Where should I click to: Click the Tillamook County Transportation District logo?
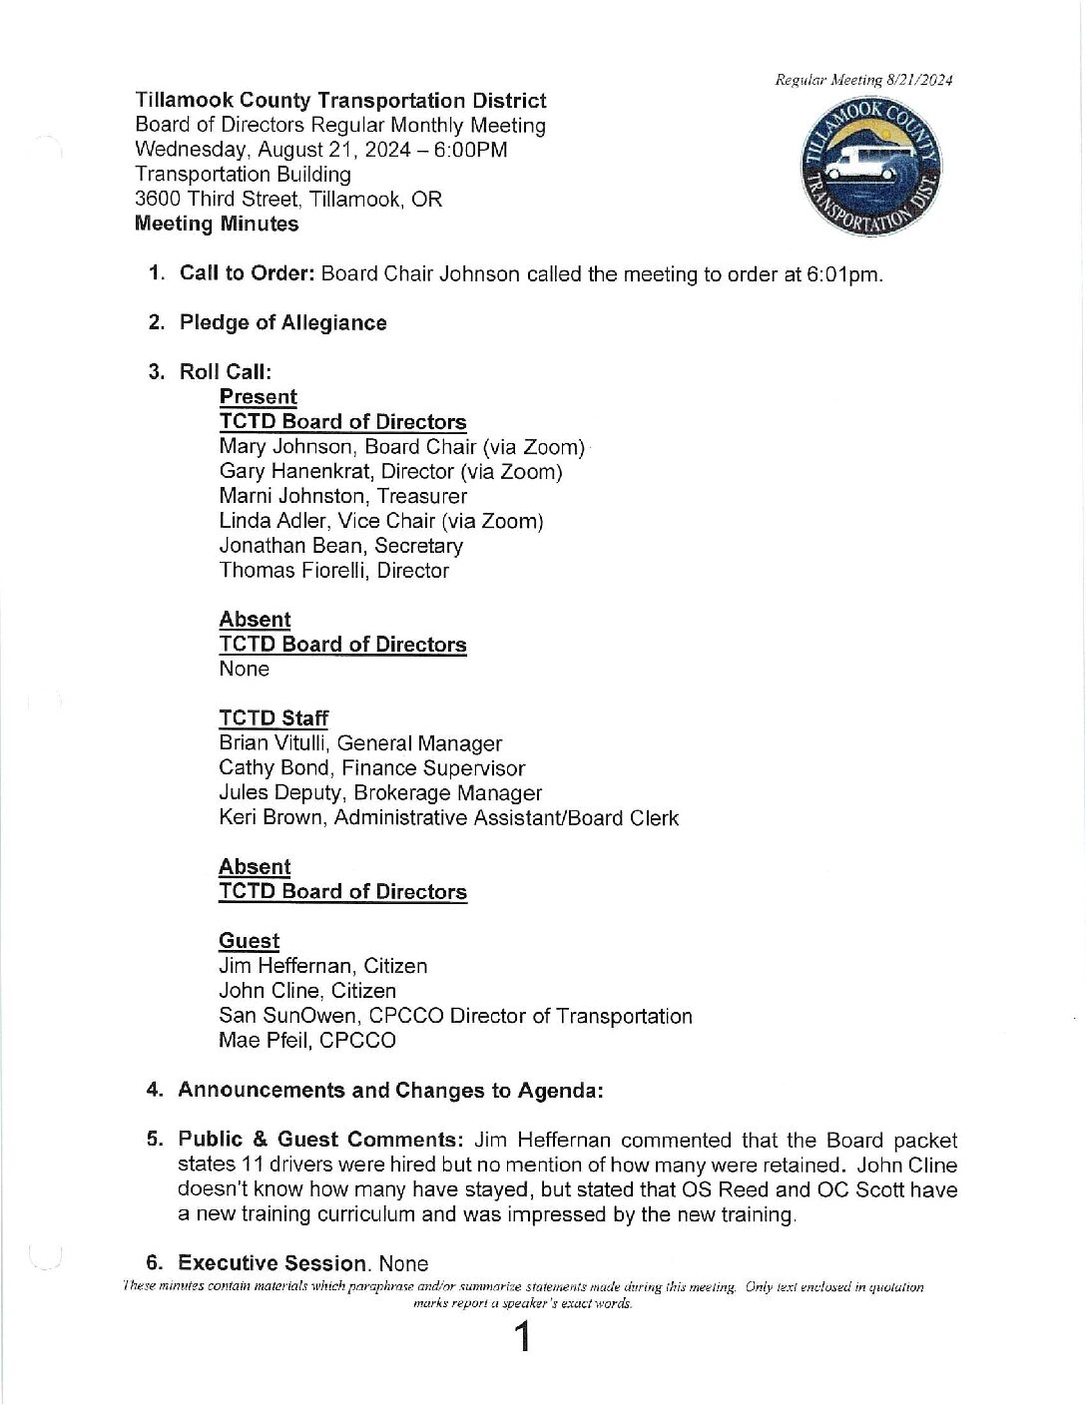coord(872,168)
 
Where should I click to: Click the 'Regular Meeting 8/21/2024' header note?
coord(863,80)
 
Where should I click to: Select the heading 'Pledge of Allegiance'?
coord(282,322)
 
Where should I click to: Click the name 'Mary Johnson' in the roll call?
coord(285,447)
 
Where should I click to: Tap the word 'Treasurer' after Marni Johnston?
coord(421,496)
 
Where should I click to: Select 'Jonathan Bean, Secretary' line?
coord(341,546)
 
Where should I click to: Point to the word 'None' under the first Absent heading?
coord(244,669)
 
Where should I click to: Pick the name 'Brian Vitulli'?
coord(275,743)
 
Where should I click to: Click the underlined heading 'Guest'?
coord(250,941)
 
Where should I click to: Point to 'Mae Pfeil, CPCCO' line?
coord(307,1040)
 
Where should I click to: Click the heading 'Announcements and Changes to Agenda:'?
coord(390,1090)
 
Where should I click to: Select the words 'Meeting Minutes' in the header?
coord(217,224)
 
